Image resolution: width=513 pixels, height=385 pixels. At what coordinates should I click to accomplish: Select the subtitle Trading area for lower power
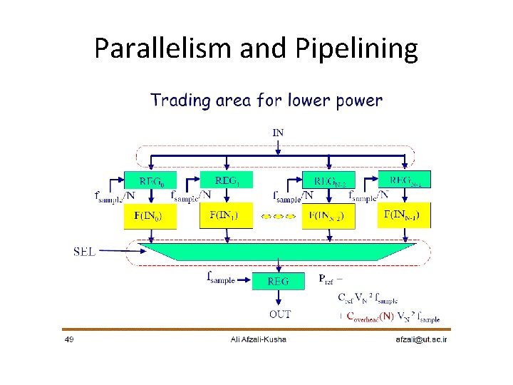[x=266, y=101]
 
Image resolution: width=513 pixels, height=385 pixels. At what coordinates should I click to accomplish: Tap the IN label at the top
[x=278, y=131]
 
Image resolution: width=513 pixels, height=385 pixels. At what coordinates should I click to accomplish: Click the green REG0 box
[x=150, y=180]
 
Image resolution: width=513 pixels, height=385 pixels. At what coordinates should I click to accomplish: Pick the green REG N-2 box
[x=328, y=180]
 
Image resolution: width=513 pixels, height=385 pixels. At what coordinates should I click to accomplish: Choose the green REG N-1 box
[x=404, y=179]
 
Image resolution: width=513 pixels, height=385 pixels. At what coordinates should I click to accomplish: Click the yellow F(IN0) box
[x=150, y=215]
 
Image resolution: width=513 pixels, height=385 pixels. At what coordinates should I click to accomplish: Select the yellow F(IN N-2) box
[x=328, y=215]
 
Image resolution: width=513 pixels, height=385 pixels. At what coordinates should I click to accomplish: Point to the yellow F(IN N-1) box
[x=404, y=215]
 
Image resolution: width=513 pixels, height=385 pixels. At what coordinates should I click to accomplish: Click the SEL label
[x=86, y=252]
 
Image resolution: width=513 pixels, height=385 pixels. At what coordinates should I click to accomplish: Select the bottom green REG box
[x=278, y=281]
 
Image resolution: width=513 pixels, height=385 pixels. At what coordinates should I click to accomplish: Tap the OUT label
[x=279, y=314]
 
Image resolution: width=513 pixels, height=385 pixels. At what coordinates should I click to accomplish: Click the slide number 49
[x=69, y=339]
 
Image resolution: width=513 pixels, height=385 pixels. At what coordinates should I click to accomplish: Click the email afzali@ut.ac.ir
[x=422, y=339]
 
